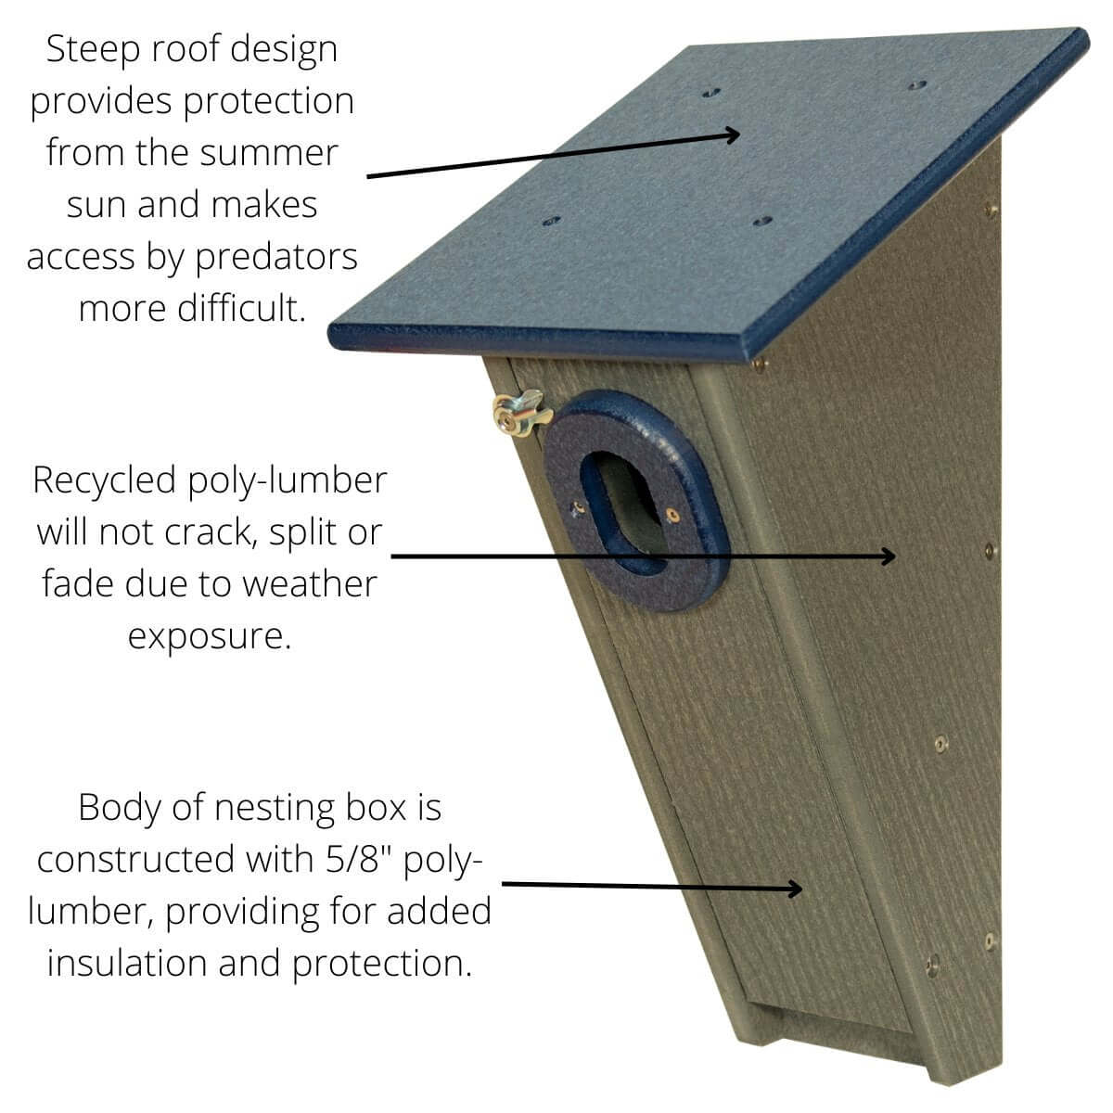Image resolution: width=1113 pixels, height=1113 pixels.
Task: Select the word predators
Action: [x=276, y=258]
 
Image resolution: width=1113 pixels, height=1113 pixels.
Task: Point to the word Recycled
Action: [x=104, y=481]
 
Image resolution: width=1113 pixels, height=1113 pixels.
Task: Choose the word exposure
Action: [x=209, y=637]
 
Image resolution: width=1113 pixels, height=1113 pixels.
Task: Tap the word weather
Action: [x=310, y=584]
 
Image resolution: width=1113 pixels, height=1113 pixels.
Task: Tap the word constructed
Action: [x=135, y=860]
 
